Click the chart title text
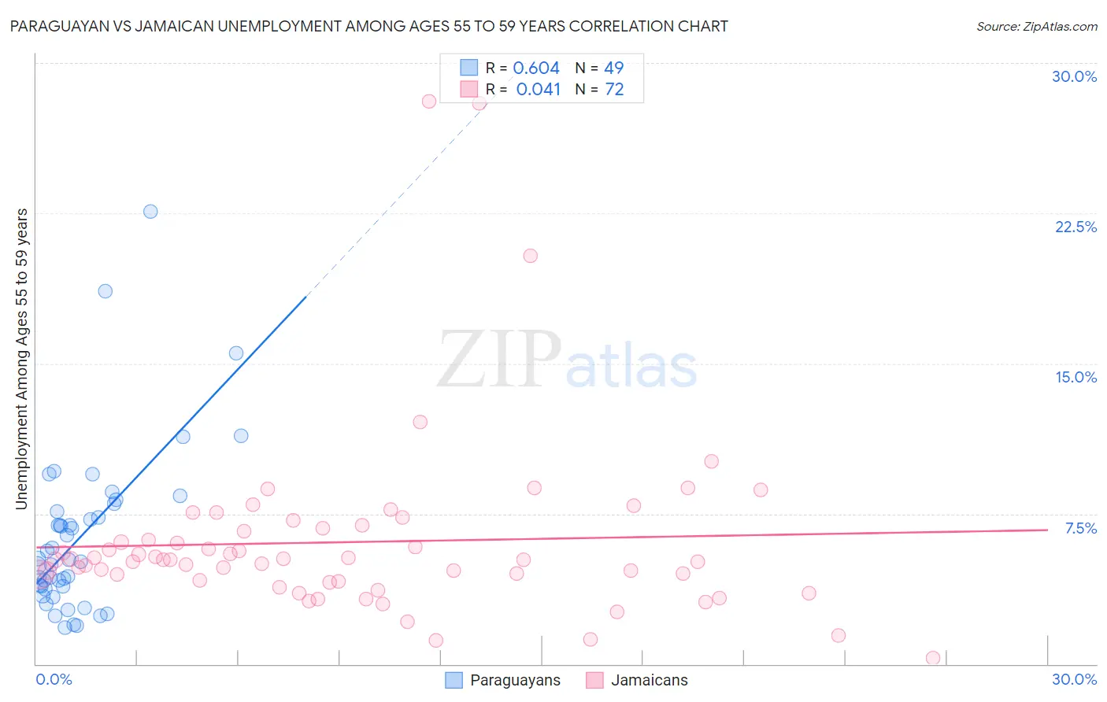pos(368,26)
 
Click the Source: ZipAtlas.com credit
pos(1036,26)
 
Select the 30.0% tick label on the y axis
pos(1074,76)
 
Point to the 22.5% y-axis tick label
pos(1076,227)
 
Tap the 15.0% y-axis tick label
pos(1076,377)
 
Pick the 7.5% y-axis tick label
pos(1080,528)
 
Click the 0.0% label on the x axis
pos(54,679)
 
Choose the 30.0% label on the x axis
pos(1074,679)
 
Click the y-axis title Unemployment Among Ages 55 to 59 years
pos(22,359)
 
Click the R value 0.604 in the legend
pos(536,68)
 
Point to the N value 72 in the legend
pos(614,90)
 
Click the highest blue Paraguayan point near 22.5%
pos(150,212)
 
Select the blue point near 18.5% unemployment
pos(105,291)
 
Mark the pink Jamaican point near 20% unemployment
pos(530,256)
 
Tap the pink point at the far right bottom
pos(933,658)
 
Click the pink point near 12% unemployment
pos(420,422)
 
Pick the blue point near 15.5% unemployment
pos(236,353)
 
